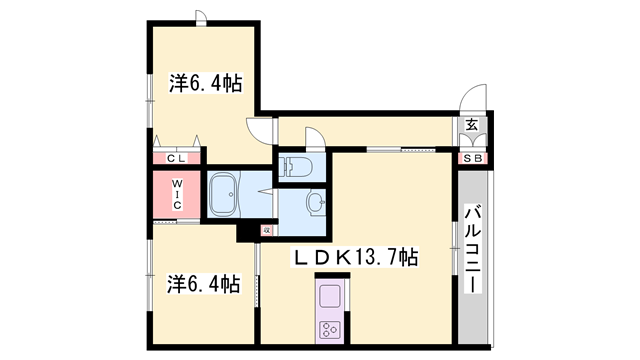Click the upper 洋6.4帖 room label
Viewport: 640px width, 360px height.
click(x=206, y=82)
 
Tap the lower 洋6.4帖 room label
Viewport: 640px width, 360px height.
click(x=204, y=284)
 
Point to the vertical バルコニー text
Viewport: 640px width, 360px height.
click(x=475, y=250)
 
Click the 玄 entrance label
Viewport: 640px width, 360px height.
click(x=471, y=125)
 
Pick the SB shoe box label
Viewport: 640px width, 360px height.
click(x=471, y=158)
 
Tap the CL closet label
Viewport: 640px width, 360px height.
click(x=177, y=158)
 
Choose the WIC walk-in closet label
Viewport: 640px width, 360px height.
click(x=176, y=194)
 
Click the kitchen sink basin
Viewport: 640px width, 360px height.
click(x=330, y=298)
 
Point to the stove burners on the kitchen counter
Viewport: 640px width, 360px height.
click(x=330, y=329)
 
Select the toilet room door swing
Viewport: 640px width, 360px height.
click(x=313, y=137)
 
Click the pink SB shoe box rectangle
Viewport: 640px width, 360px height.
click(x=471, y=158)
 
